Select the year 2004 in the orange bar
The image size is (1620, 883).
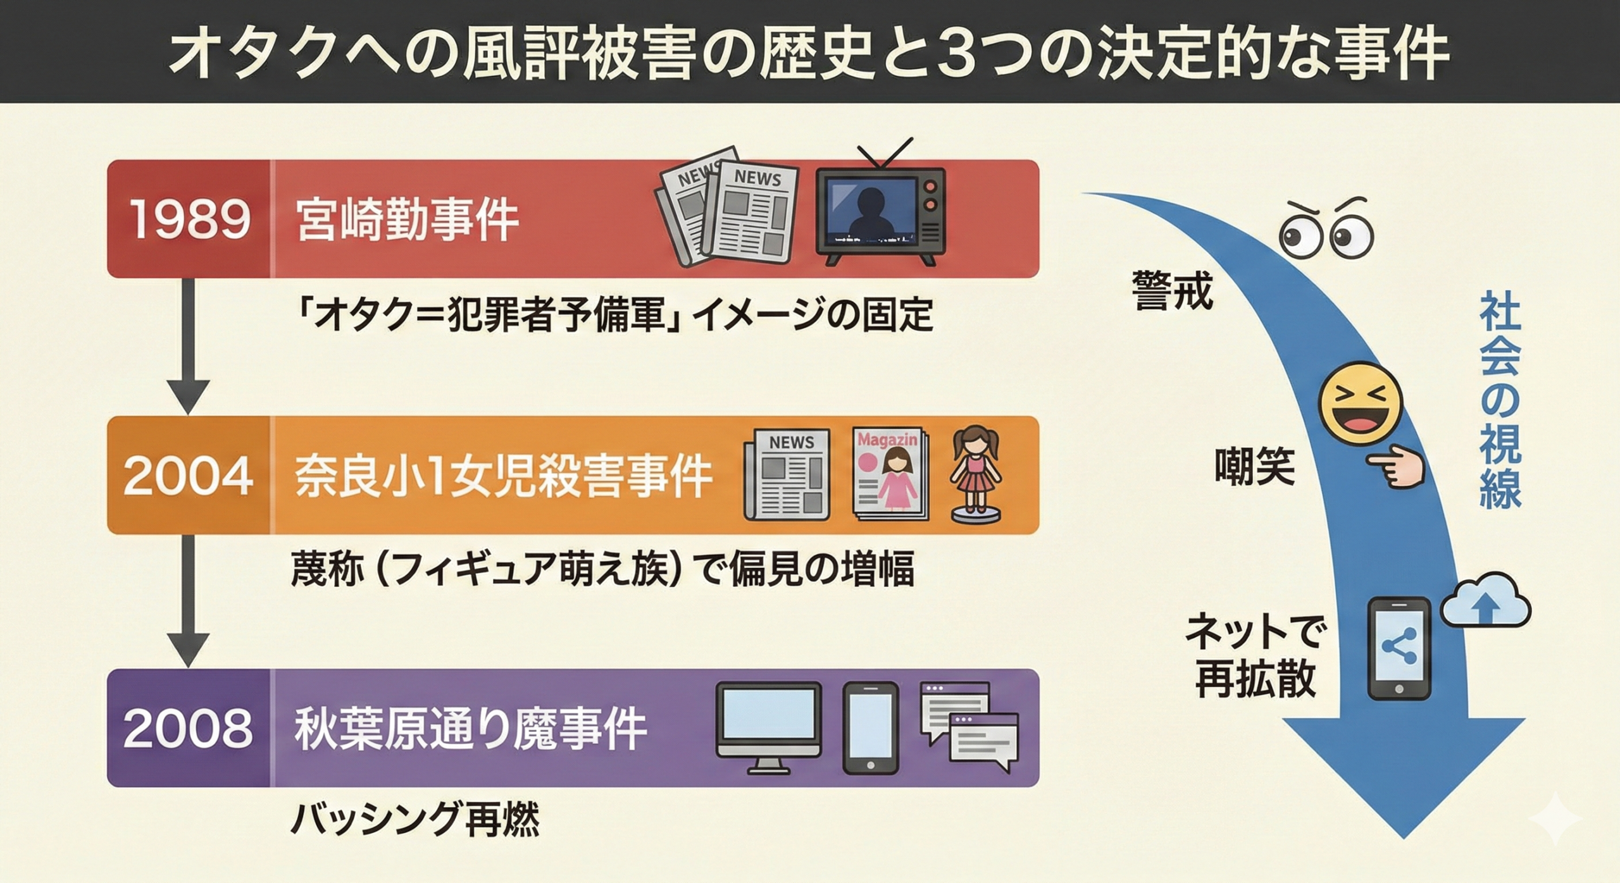point(189,476)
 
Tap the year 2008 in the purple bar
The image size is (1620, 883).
point(189,729)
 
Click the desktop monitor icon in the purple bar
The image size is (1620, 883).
point(768,727)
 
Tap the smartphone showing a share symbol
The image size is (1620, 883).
point(1399,648)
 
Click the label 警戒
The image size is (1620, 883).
point(1173,291)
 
